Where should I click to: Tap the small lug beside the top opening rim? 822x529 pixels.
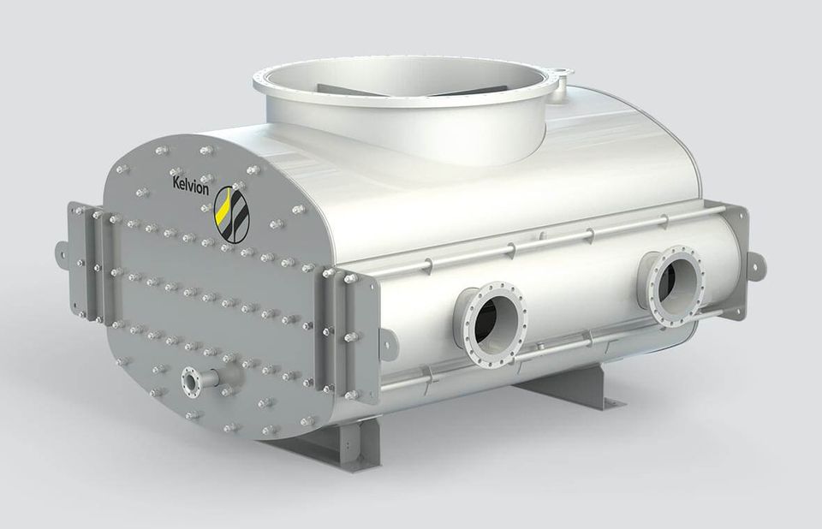point(560,79)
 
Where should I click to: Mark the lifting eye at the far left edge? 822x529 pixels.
point(62,252)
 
